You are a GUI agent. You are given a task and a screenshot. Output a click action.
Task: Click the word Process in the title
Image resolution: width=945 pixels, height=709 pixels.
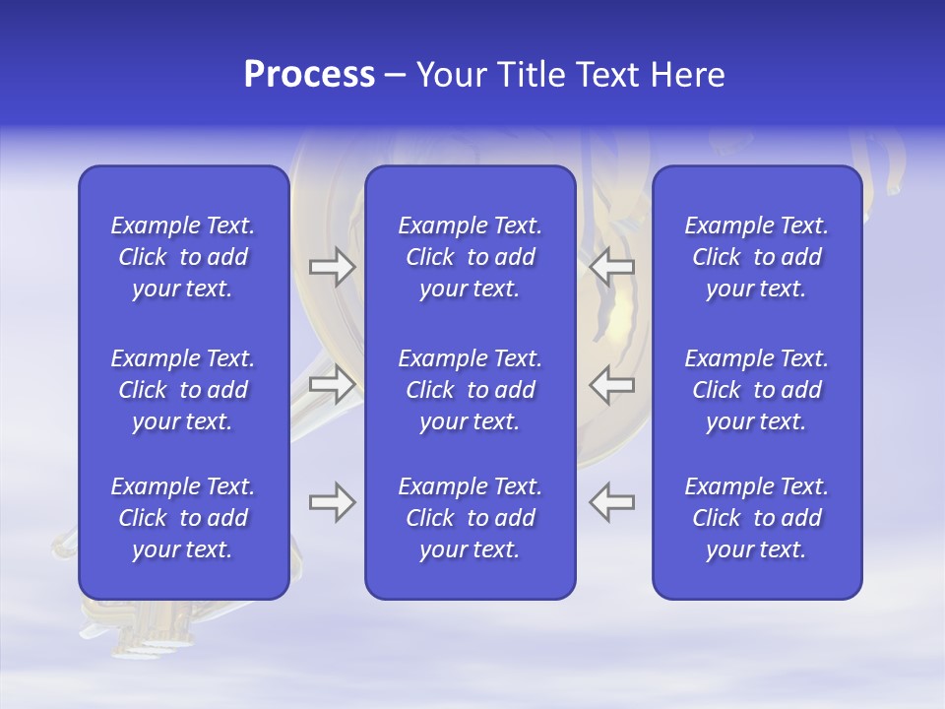click(x=309, y=75)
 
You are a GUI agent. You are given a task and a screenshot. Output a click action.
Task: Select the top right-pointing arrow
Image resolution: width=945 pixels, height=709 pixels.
click(x=332, y=267)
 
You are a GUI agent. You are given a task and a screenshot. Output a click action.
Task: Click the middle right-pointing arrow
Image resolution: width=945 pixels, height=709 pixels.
click(x=332, y=384)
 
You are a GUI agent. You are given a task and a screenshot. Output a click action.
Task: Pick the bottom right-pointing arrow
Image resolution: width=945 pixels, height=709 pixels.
click(x=332, y=502)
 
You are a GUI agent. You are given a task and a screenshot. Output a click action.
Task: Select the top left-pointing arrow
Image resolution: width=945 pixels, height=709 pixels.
click(x=612, y=267)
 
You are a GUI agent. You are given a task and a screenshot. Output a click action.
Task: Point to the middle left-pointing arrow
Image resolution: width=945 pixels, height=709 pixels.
click(x=612, y=384)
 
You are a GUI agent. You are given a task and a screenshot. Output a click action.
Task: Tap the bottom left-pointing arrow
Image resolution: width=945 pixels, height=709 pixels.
click(x=612, y=502)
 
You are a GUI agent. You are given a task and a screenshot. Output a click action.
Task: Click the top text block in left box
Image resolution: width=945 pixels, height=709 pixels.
click(x=183, y=257)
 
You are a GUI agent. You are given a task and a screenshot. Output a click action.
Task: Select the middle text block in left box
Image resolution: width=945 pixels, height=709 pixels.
click(x=183, y=390)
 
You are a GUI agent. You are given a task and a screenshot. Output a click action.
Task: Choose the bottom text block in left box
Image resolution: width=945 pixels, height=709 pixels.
click(x=183, y=518)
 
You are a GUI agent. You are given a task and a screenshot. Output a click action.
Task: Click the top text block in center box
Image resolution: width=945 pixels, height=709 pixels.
click(x=470, y=257)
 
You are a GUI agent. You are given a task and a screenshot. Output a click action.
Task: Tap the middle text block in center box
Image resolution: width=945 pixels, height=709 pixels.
click(x=470, y=390)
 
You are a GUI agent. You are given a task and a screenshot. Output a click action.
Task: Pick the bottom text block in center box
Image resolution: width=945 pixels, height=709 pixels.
click(x=470, y=518)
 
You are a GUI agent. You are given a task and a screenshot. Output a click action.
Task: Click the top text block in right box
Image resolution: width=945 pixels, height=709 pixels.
click(x=756, y=257)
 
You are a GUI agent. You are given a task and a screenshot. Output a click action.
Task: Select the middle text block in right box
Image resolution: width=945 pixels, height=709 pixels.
click(x=756, y=390)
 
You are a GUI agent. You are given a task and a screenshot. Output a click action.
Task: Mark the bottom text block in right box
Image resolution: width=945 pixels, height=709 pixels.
click(x=756, y=518)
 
